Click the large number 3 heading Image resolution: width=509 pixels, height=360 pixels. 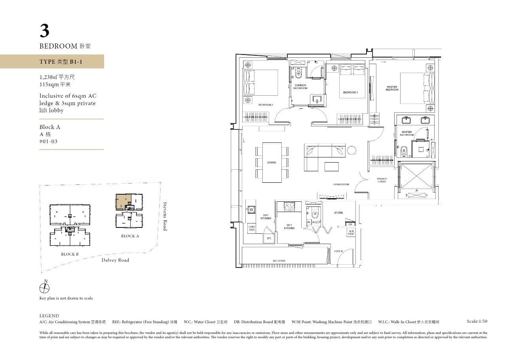click(x=45, y=31)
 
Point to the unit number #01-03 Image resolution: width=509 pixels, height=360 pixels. click(x=48, y=141)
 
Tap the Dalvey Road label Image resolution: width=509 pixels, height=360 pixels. click(x=115, y=260)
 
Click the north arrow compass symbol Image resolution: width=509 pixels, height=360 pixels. click(x=45, y=287)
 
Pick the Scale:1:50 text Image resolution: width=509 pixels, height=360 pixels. click(x=477, y=322)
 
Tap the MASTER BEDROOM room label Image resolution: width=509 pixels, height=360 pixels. click(x=392, y=88)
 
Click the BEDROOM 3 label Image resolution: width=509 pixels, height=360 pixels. click(x=350, y=93)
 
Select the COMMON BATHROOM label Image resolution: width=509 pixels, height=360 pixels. click(x=300, y=87)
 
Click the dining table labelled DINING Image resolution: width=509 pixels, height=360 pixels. click(x=272, y=162)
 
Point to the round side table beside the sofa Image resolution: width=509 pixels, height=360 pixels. click(x=351, y=150)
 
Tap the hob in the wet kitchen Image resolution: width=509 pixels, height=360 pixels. click(x=289, y=206)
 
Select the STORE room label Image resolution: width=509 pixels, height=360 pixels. click(x=338, y=213)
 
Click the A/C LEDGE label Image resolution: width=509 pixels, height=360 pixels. click(x=279, y=261)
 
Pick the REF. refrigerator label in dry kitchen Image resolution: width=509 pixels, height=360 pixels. click(x=269, y=239)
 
